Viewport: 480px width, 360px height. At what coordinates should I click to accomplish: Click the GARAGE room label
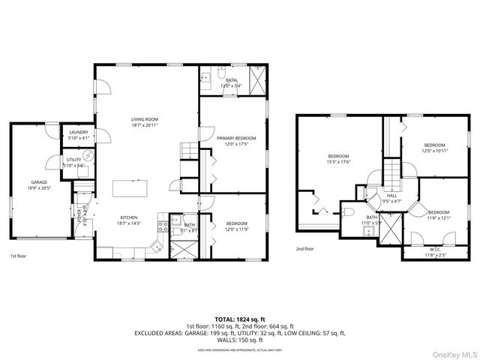point(39,182)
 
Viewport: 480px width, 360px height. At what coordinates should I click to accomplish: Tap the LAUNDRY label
point(78,133)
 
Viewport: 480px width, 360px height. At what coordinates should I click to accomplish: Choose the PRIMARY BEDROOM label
point(236,138)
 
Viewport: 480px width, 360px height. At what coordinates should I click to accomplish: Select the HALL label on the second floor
point(391,195)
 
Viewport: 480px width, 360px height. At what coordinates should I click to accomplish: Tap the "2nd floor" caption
point(304,248)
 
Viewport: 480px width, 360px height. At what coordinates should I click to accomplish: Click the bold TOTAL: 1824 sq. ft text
point(239,319)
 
